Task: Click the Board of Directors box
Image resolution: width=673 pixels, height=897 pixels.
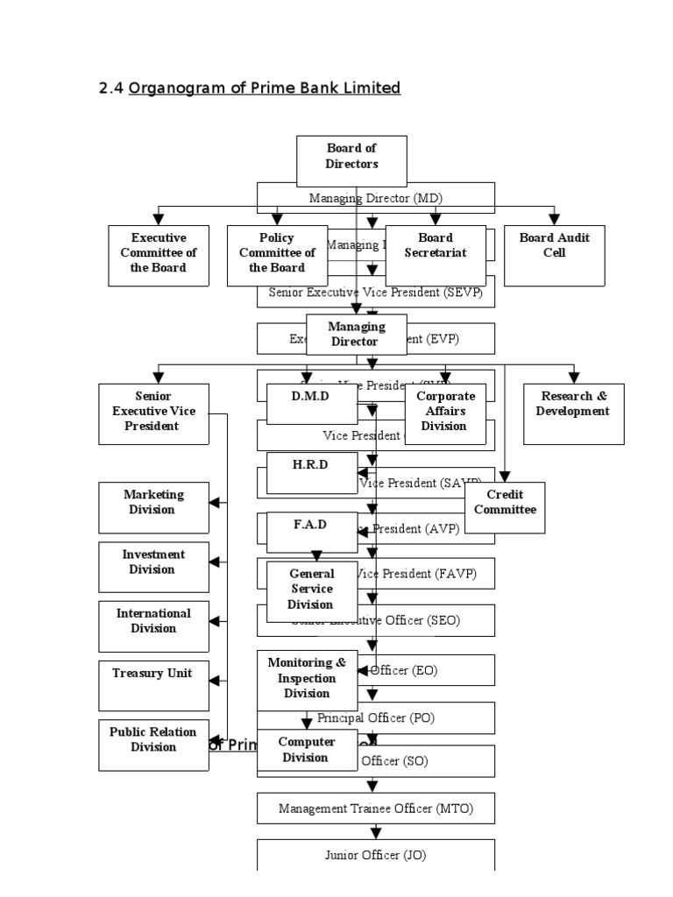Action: (351, 159)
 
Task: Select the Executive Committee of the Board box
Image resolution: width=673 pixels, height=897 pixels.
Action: (159, 255)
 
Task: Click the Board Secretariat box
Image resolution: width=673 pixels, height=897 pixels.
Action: (436, 255)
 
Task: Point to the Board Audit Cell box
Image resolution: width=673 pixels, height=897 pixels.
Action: (554, 255)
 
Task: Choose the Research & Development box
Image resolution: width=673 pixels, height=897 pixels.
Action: (573, 413)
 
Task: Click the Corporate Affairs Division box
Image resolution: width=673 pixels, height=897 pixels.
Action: (445, 413)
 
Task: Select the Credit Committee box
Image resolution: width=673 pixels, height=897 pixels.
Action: (504, 507)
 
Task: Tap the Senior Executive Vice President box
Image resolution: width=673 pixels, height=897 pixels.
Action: (153, 413)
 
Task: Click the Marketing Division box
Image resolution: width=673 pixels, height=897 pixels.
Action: (153, 507)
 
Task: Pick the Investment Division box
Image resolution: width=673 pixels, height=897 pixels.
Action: (153, 566)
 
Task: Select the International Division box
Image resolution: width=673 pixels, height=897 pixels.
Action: (153, 625)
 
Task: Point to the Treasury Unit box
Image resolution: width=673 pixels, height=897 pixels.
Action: (153, 685)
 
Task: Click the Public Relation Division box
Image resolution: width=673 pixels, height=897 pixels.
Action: (153, 745)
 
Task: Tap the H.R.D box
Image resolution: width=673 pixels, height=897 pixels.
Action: (311, 472)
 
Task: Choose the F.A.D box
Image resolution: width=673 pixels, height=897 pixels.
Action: (311, 532)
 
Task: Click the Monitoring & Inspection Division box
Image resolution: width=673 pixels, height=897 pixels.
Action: (307, 680)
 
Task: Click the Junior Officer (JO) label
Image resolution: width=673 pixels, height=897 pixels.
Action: (376, 855)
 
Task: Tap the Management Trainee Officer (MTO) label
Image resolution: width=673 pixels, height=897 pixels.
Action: (376, 809)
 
